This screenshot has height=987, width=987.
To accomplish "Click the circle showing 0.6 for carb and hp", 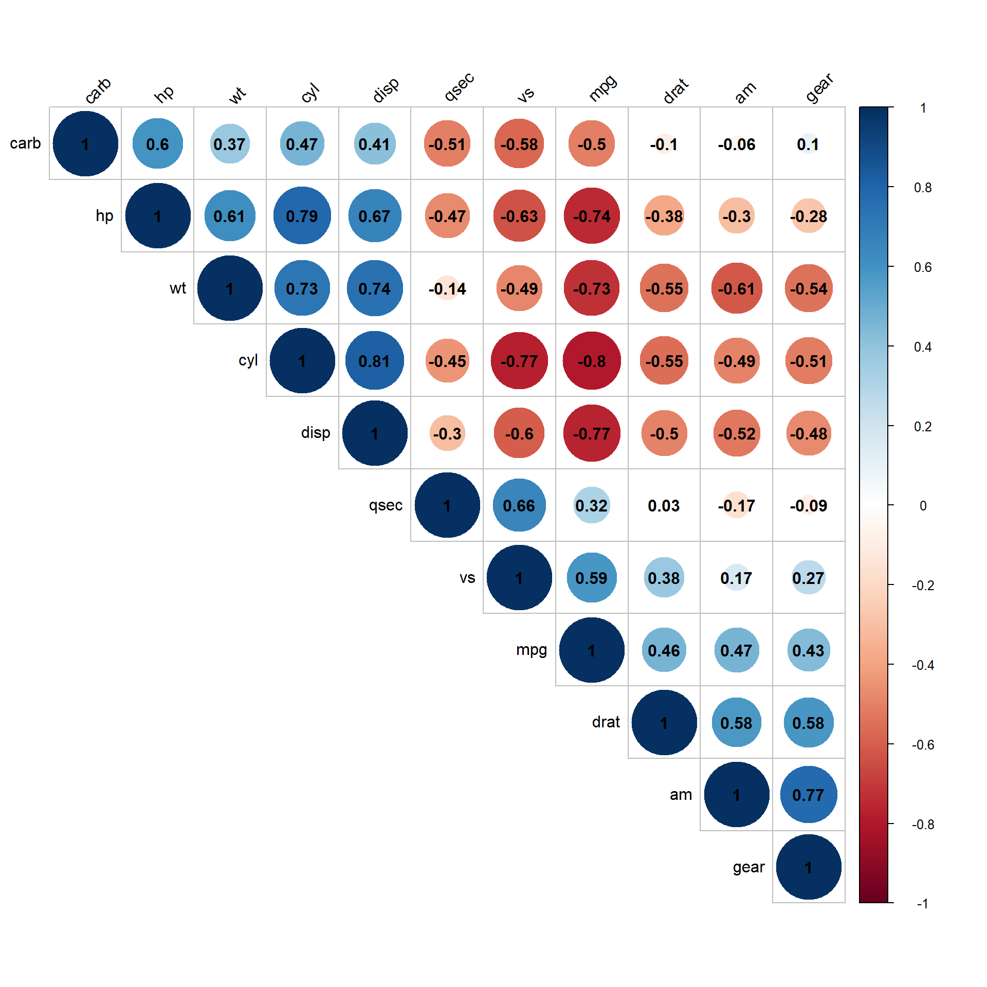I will (157, 144).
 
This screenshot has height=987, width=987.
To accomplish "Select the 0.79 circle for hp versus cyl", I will (302, 216).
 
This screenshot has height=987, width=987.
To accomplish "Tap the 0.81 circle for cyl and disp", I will (375, 361).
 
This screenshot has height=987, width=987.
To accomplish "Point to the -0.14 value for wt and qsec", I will (447, 289).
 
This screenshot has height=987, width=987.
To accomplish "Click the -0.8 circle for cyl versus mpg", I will (592, 361).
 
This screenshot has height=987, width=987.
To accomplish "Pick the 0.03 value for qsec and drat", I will (664, 506).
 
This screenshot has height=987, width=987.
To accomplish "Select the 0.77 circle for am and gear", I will (809, 795).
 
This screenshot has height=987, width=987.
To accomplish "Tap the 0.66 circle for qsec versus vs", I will (519, 506).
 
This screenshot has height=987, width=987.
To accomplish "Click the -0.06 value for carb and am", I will (737, 144).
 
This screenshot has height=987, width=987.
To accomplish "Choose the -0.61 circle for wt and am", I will (737, 289).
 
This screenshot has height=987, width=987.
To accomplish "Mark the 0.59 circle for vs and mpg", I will (592, 578).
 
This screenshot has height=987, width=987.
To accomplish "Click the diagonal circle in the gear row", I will (809, 867).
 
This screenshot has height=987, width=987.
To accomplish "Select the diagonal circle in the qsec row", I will (447, 506).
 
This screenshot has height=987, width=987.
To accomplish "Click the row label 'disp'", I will (316, 433).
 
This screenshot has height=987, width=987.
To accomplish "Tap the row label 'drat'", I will (606, 722).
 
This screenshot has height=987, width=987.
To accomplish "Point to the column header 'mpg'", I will (602, 88).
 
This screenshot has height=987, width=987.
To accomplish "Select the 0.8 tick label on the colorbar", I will (923, 188).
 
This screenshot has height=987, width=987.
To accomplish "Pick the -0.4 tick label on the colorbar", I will (923, 665).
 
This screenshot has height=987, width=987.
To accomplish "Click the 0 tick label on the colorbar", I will (923, 506).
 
